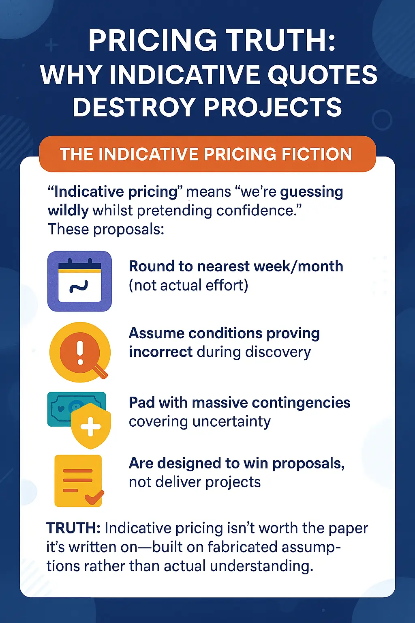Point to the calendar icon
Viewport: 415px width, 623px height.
tap(79, 281)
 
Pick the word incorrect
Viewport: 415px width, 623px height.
tap(160, 352)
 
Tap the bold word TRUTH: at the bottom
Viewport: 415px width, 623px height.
tap(73, 528)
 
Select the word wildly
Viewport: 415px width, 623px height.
tap(68, 211)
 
